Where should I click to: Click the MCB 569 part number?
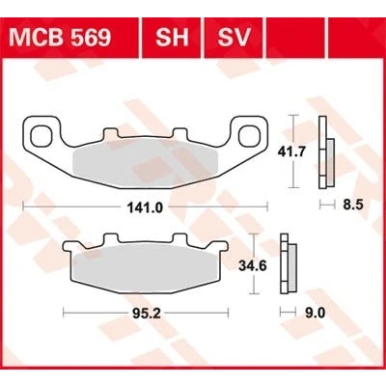click(x=60, y=38)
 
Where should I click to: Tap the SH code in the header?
click(x=172, y=38)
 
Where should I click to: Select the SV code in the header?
click(x=234, y=38)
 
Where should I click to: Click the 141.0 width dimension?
click(x=145, y=208)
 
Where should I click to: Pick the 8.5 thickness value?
click(x=353, y=205)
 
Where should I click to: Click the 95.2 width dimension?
click(x=147, y=314)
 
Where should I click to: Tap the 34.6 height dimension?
click(x=253, y=266)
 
